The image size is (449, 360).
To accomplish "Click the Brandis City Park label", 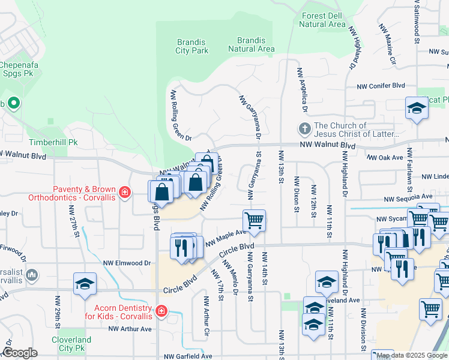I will point(192,46).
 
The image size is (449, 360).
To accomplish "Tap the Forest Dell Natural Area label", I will point(323,20).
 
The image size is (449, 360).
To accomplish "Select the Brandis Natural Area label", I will point(252,44).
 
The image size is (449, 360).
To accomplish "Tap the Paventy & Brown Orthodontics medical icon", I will point(124,192).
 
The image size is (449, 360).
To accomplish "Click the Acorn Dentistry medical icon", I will point(160,311).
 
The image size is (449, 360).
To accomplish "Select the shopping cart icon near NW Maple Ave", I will point(254,220).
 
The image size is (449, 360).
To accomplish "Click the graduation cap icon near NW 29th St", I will point(85,283).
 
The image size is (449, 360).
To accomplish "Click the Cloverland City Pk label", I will point(71,344).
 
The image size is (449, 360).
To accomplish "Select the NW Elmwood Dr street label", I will point(127,263).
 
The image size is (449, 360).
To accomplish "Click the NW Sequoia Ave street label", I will point(408,197).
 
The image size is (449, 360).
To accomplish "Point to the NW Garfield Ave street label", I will point(189,356).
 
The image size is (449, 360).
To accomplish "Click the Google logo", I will point(20,353).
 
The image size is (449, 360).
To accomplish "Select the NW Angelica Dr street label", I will point(301,90).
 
